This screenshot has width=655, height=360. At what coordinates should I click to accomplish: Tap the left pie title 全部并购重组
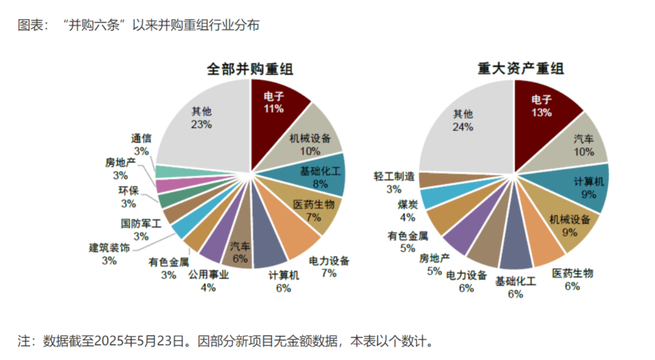[x=250, y=69]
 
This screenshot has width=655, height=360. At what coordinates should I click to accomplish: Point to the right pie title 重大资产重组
[x=521, y=69]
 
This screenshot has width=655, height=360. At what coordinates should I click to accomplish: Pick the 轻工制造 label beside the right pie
[x=394, y=176]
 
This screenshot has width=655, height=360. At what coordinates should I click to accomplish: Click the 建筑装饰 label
[x=109, y=248]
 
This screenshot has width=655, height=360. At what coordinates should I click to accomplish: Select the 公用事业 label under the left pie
[x=209, y=275]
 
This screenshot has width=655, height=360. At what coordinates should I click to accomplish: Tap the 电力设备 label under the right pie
[x=466, y=275]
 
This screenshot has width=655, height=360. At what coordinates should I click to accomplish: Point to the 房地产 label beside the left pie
[x=120, y=162]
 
